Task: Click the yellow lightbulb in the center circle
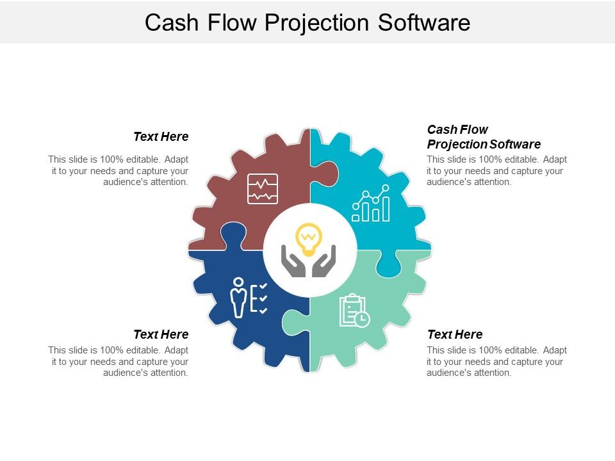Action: pos(308,238)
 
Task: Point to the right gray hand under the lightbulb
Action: pos(324,263)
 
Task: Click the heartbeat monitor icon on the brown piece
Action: pos(263,189)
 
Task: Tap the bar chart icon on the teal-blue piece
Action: pos(371,204)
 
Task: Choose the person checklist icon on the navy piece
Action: pos(249,297)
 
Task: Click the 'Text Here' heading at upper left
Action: pos(161,136)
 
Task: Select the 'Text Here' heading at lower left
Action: pos(161,334)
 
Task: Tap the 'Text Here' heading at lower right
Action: pos(455,334)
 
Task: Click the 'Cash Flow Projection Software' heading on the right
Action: pos(484,136)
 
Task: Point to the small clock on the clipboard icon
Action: pos(363,319)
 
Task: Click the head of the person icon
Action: pos(239,282)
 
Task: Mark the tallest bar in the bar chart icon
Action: pos(386,208)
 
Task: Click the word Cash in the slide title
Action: pos(168,22)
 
